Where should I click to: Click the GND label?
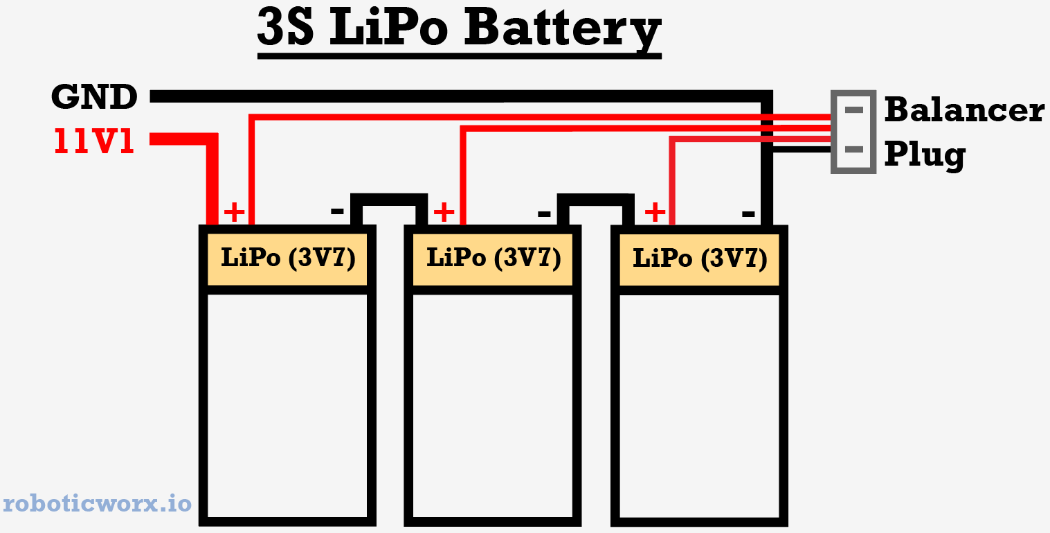point(94,98)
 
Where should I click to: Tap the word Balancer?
point(963,110)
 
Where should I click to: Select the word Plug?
point(925,154)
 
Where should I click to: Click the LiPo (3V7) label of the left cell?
point(288,258)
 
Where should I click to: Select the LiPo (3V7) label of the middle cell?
point(493,258)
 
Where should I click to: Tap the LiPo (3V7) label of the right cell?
point(700,259)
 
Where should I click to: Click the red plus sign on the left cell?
point(235,212)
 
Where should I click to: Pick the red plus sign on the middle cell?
point(443,211)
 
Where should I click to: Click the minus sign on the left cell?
point(337,211)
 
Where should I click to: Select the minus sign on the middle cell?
point(544,213)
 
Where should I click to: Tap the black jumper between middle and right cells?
point(596,198)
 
